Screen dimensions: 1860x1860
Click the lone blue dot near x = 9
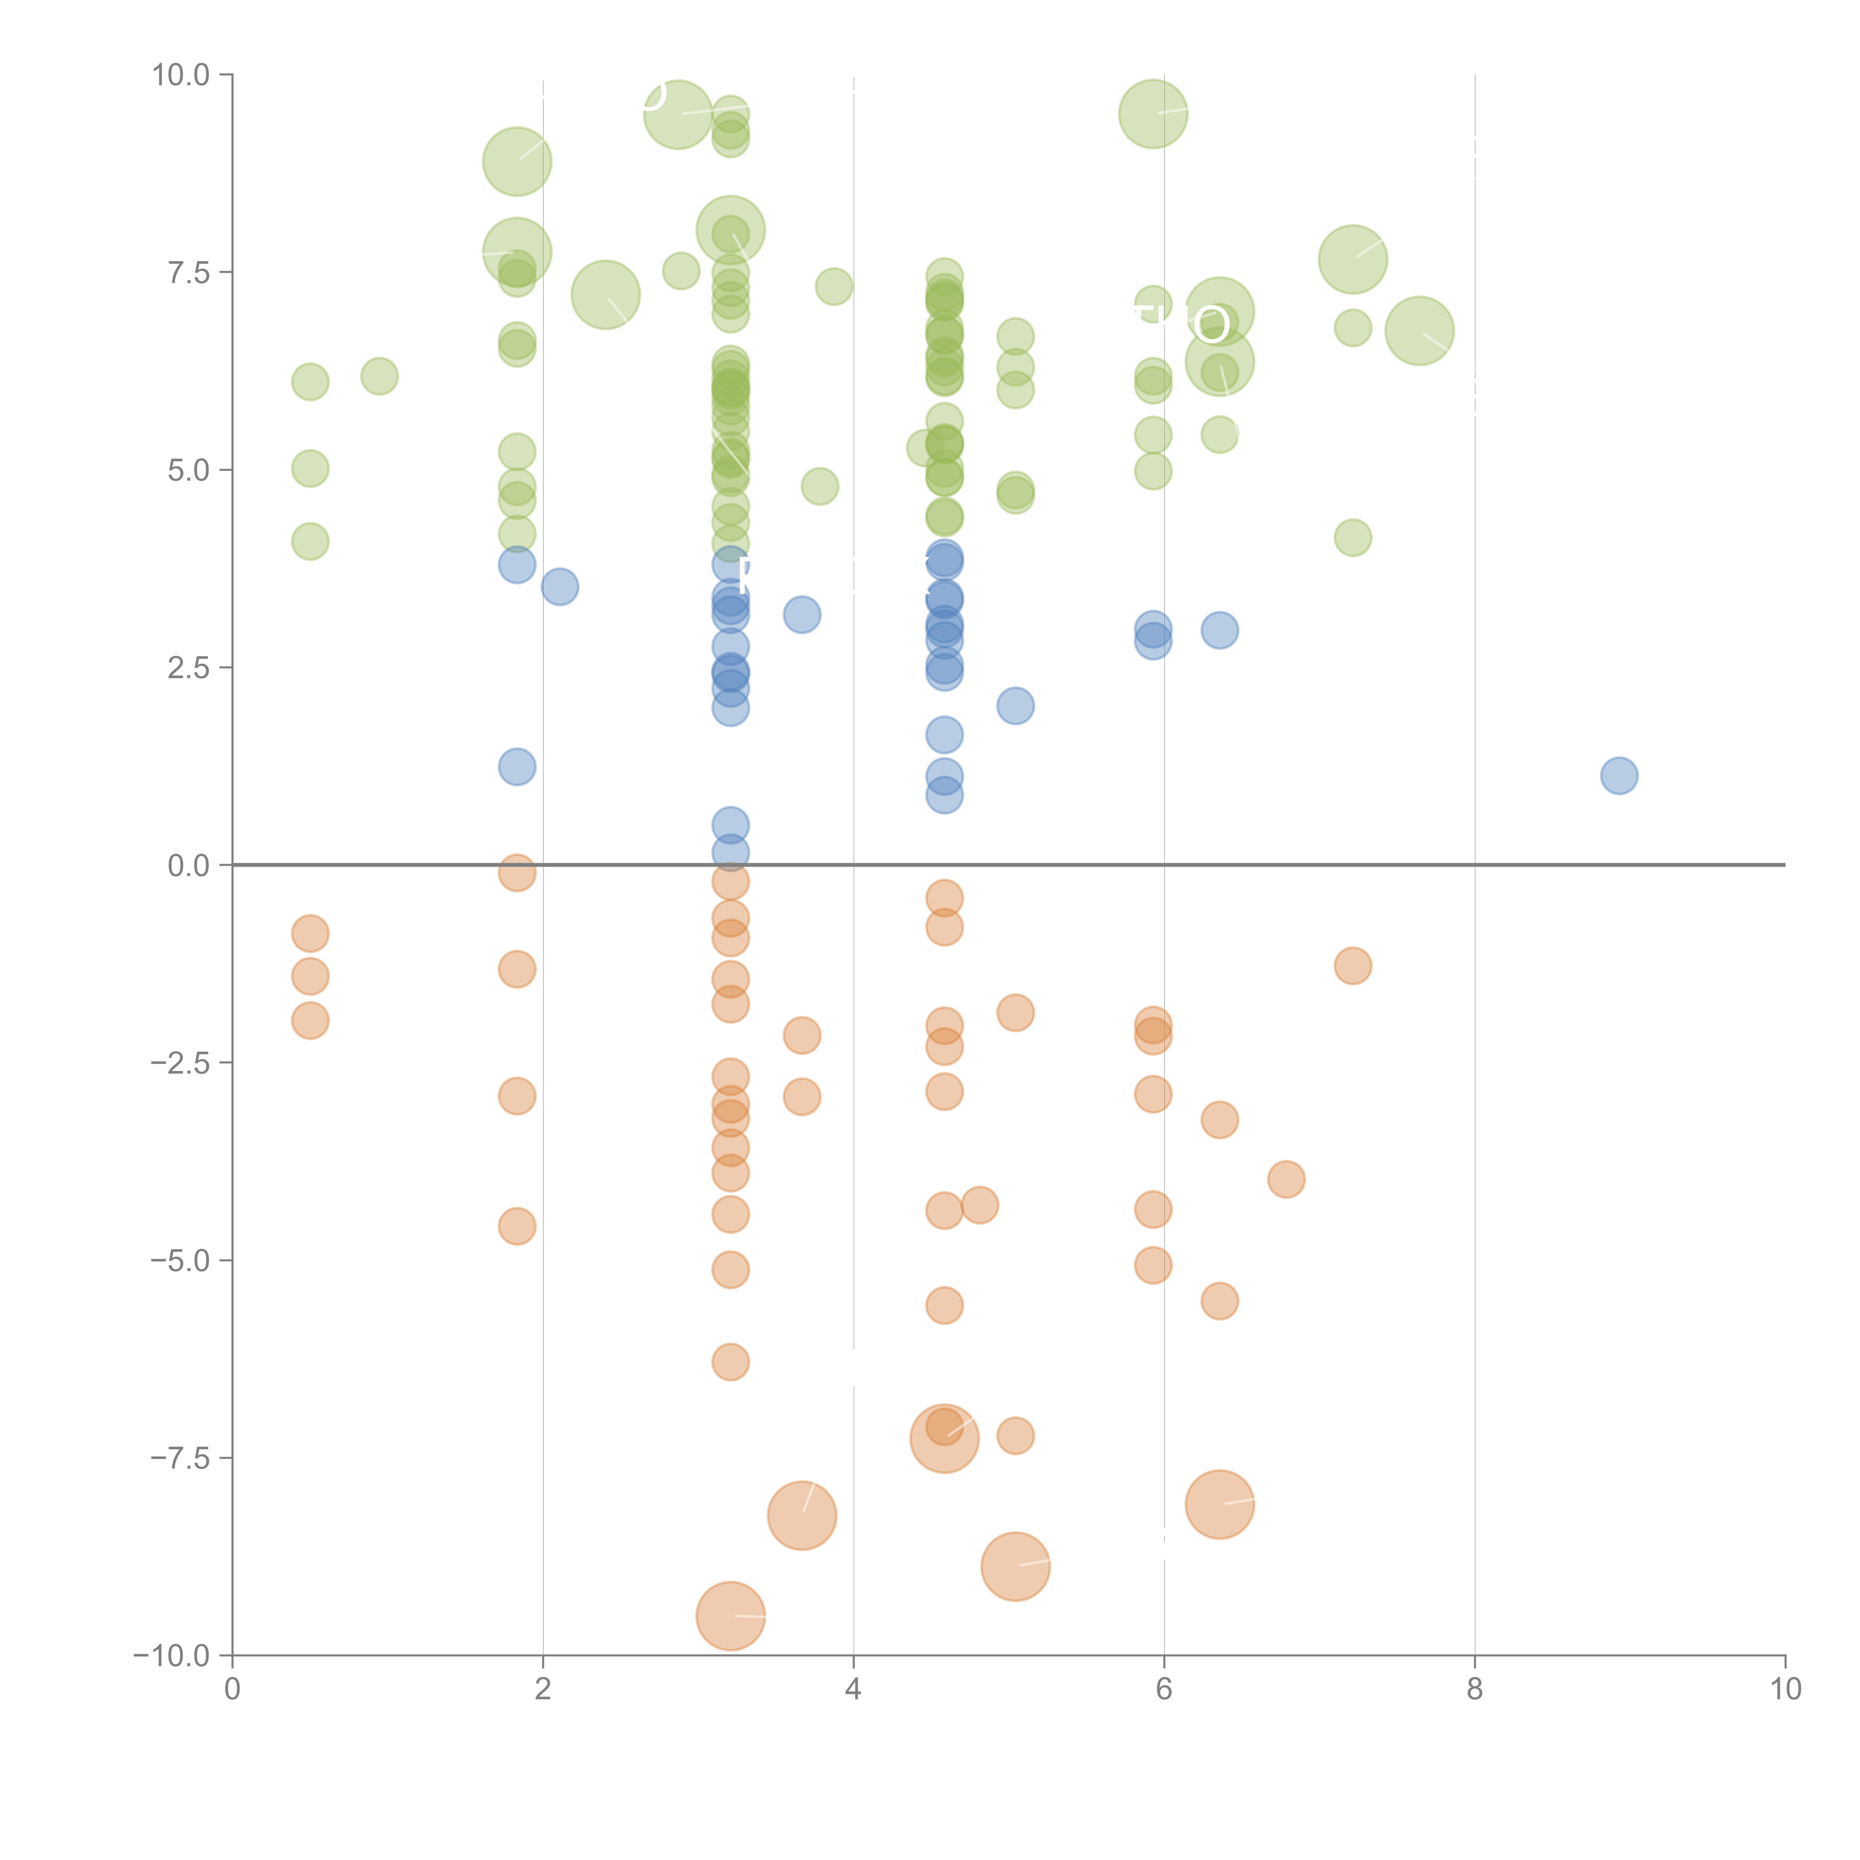1619,775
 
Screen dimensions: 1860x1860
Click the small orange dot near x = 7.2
1353,966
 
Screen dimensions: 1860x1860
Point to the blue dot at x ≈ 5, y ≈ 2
1015,706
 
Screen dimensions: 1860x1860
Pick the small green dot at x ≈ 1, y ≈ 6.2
379,375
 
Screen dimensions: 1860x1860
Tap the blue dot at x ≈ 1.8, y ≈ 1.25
517,766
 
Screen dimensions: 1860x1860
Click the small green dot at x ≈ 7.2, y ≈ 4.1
1353,537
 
